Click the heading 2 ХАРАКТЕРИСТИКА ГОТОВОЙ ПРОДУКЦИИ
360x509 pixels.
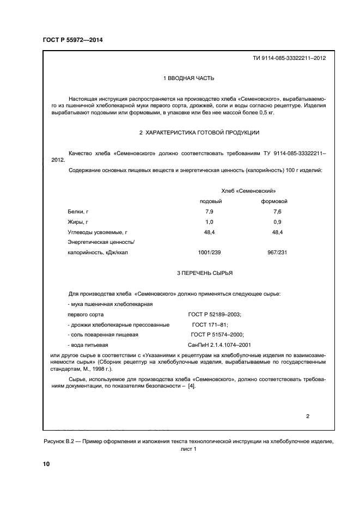[199, 132]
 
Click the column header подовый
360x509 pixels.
[211, 201]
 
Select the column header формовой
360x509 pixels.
[276, 201]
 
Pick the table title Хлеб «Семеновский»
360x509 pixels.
[248, 191]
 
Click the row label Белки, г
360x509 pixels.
[78, 211]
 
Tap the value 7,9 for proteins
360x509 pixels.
[209, 211]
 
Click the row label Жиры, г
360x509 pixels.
[77, 222]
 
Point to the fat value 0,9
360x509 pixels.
[277, 222]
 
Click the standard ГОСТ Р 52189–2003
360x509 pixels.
[214, 315]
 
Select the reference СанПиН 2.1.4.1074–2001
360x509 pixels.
[219, 345]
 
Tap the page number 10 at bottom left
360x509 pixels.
[46, 464]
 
